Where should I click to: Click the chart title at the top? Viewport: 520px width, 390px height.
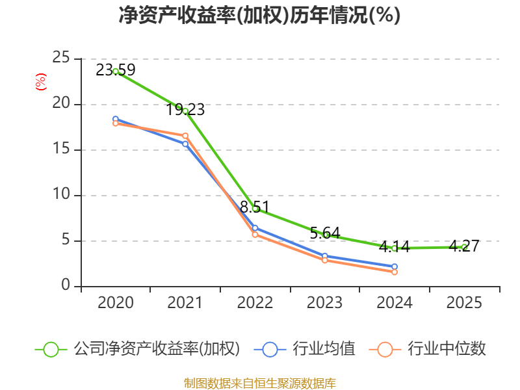pos(259,16)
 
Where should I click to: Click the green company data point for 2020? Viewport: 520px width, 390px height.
pos(116,71)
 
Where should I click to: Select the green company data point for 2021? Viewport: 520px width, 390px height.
pos(185,111)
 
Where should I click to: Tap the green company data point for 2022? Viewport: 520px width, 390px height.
pos(255,209)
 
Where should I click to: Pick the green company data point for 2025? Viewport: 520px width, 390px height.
pos(464,247)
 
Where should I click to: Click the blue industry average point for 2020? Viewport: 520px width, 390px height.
pos(116,119)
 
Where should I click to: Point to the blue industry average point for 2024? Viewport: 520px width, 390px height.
pos(395,266)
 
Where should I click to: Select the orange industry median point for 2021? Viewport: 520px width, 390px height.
pos(185,136)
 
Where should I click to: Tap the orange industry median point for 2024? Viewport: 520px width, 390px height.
pos(395,272)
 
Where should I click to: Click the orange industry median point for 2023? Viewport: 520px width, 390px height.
pos(325,260)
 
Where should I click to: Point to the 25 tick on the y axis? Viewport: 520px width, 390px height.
pos(62,58)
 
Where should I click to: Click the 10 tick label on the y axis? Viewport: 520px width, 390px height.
pos(62,195)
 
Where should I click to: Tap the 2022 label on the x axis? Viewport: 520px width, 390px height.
pos(255,303)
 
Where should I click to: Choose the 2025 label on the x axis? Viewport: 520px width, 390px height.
pos(464,303)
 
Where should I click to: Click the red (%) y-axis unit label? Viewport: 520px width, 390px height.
pos(41,82)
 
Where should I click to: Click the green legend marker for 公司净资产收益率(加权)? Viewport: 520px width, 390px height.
pos(51,349)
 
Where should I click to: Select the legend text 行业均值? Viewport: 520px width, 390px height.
pos(324,349)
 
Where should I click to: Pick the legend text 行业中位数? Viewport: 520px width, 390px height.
pos(447,349)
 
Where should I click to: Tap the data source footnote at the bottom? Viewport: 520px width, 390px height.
pos(259,383)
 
